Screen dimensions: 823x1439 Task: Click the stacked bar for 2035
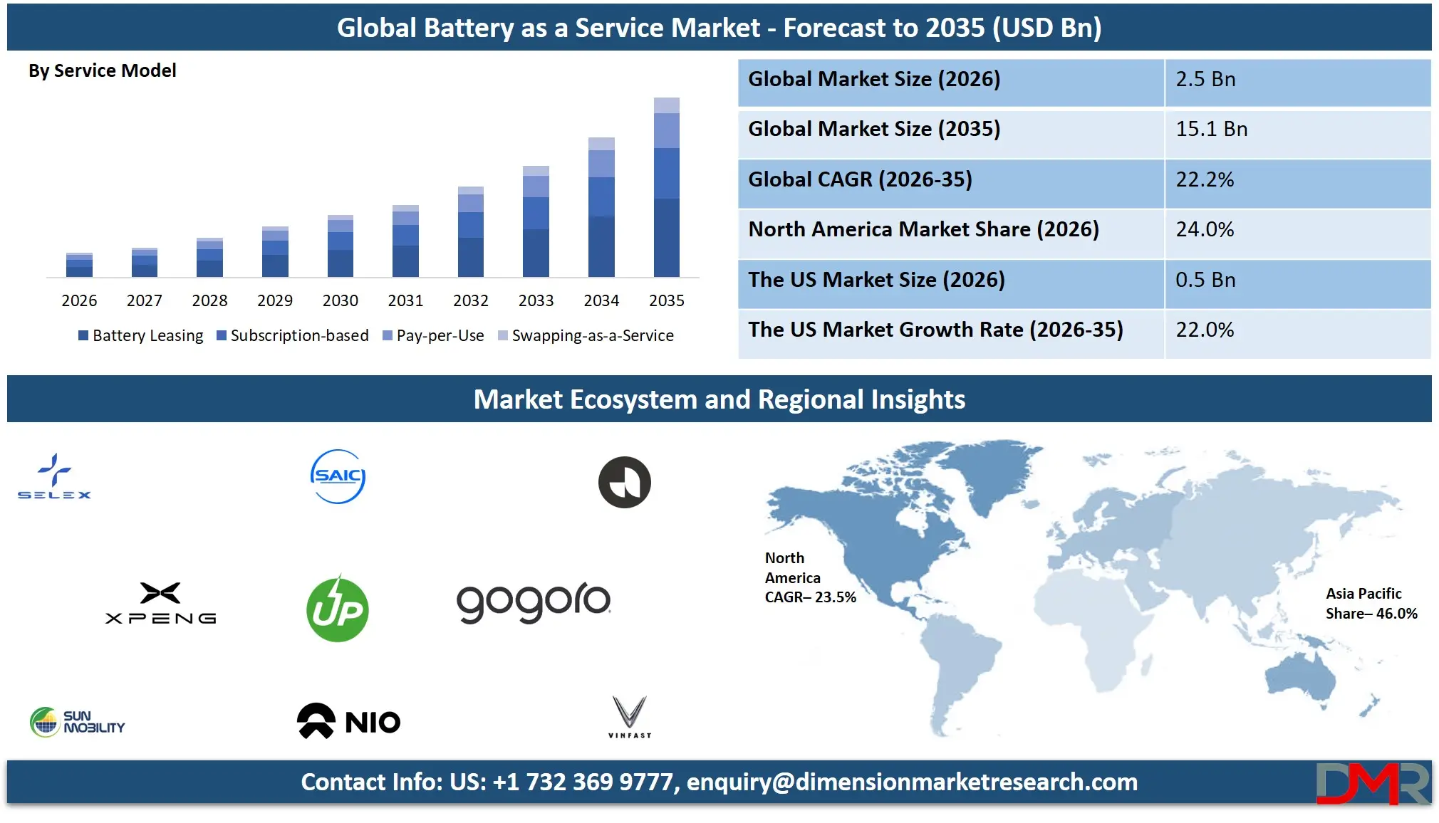coord(666,188)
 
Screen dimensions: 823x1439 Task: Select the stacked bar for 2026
coord(79,265)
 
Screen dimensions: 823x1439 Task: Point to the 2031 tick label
coord(405,300)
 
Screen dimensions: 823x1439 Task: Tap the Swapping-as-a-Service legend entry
coord(586,335)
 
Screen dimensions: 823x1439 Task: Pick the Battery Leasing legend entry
coord(141,335)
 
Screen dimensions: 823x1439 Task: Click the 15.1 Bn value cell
coord(1297,130)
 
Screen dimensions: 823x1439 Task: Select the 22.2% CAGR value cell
coord(1297,179)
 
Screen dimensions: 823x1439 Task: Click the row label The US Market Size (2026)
coord(876,280)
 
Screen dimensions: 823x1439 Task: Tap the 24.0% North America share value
coord(1297,229)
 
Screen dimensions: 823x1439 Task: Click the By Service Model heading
coord(102,70)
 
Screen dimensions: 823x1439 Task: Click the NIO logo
coord(348,721)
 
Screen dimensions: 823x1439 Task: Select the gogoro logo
coord(534,602)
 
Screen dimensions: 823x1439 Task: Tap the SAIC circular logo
coord(338,476)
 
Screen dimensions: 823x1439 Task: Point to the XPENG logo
coord(160,604)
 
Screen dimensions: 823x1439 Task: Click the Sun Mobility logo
coord(77,722)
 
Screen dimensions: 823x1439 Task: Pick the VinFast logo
coord(630,716)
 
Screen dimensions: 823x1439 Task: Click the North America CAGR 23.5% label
coord(809,577)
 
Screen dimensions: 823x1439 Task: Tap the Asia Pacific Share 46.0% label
coord(1371,604)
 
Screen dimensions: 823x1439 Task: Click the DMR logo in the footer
coord(1372,783)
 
